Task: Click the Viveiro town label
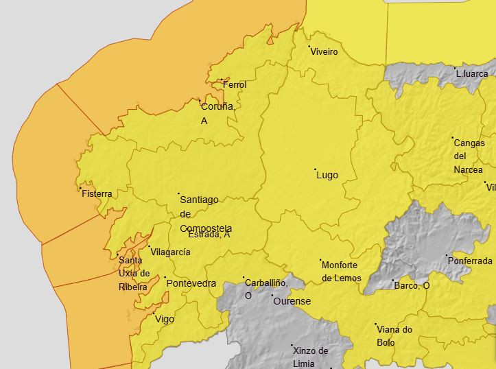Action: pyautogui.click(x=324, y=52)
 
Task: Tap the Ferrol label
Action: pyautogui.click(x=234, y=84)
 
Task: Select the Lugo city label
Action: pyautogui.click(x=327, y=175)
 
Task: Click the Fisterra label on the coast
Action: pyautogui.click(x=97, y=194)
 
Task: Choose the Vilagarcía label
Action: pyautogui.click(x=170, y=252)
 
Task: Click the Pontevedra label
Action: pyautogui.click(x=191, y=283)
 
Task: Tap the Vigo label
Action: pyautogui.click(x=165, y=319)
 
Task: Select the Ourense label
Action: pyautogui.click(x=292, y=301)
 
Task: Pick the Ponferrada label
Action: pyautogui.click(x=470, y=261)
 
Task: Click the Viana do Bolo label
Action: pyautogui.click(x=394, y=335)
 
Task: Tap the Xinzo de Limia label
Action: pyautogui.click(x=310, y=357)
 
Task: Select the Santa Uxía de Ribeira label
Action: pyautogui.click(x=134, y=273)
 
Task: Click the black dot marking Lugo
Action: pyautogui.click(x=316, y=169)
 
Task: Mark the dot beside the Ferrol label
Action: pyautogui.click(x=221, y=80)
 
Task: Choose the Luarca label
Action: pyautogui.click(x=472, y=73)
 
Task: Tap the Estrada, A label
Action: pyautogui.click(x=209, y=235)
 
